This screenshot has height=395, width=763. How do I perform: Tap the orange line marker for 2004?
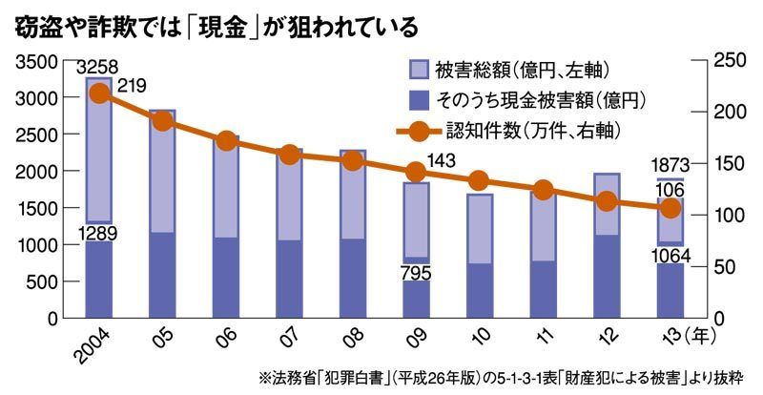tap(99, 94)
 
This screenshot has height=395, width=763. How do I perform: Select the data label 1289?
tap(99, 232)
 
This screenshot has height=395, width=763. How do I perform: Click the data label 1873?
tap(670, 166)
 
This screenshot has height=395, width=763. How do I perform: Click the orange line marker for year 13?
tap(670, 208)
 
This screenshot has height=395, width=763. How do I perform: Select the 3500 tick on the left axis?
tap(35, 62)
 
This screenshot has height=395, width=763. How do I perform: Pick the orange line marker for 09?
tap(416, 172)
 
